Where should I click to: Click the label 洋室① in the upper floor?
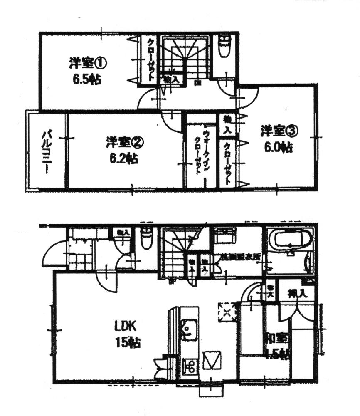tap(88, 64)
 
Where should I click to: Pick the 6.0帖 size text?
tap(279, 147)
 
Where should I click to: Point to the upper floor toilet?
tap(224, 47)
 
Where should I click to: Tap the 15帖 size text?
tap(128, 343)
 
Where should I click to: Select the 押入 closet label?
tap(297, 293)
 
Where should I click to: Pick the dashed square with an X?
tap(227, 312)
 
